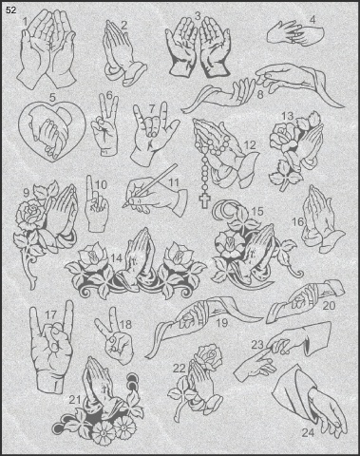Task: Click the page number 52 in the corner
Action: (10, 10)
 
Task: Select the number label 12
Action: (250, 145)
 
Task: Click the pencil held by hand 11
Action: (150, 185)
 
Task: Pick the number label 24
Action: (307, 432)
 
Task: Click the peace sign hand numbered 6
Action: (105, 125)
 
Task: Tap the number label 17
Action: (50, 314)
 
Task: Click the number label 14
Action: (116, 258)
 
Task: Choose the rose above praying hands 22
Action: (209, 356)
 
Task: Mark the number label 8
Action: (260, 94)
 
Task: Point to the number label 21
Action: (75, 400)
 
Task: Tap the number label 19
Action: (221, 323)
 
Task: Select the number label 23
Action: (257, 345)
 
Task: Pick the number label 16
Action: (298, 221)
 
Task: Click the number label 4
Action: (313, 20)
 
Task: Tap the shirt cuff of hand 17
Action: (47, 382)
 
